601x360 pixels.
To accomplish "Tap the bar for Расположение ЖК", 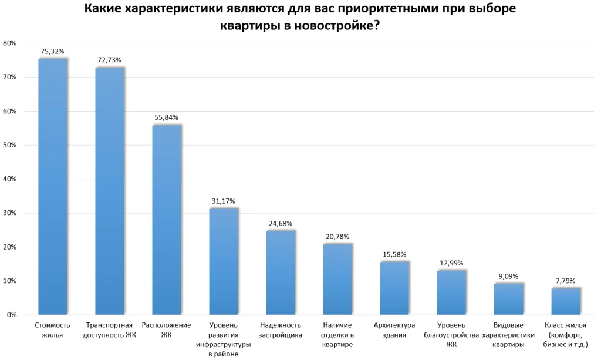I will pos(167,220).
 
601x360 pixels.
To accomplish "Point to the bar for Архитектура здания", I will pos(394,288).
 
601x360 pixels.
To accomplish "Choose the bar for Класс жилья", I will pos(566,301).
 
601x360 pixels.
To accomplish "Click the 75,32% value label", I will pos(52,52).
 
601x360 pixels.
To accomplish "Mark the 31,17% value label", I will pos(224,201).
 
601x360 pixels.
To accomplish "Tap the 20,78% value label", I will pos(337,237).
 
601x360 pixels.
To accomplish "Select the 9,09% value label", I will pos(509,276).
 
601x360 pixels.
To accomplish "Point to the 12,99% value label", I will pos(451,263).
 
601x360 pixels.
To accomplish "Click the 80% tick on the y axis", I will pos(10,43).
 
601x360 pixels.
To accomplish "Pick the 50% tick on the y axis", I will pos(10,145).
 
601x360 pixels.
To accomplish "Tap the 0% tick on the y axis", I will pos(12,315).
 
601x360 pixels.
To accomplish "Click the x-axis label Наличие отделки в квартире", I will pos(337,335).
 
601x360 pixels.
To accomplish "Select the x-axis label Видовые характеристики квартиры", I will pos(508,335).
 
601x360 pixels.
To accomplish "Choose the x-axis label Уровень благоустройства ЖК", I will pos(451,335).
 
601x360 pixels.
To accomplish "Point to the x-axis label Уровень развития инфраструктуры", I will pos(224,339).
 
